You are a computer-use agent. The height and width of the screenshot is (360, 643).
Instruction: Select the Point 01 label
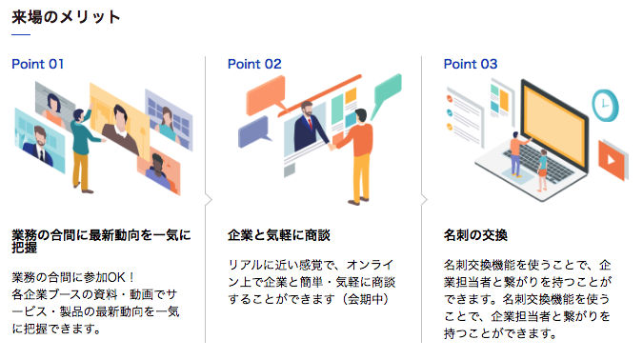[37, 64]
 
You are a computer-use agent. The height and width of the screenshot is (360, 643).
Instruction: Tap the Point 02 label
[254, 64]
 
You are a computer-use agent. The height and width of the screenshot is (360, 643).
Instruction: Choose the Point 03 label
[471, 64]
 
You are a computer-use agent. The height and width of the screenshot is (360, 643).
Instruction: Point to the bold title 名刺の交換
[475, 234]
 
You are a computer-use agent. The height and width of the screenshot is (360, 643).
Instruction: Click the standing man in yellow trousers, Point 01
[83, 143]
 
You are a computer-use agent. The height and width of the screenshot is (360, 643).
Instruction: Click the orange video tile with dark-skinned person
[158, 171]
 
